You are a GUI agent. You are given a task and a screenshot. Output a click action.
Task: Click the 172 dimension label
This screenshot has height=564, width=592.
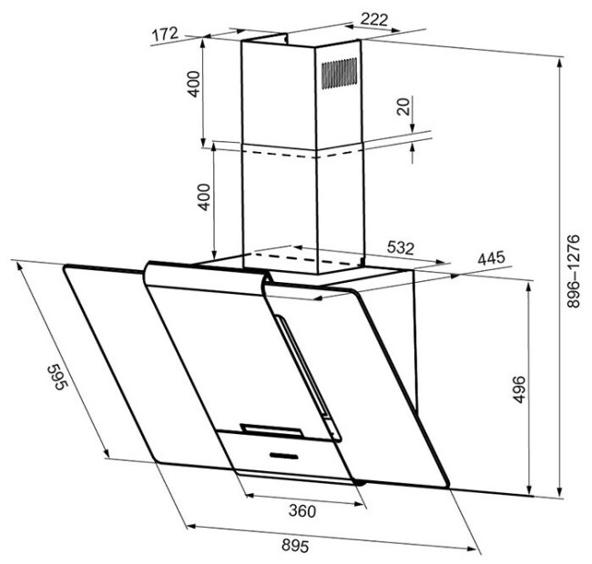(x=164, y=35)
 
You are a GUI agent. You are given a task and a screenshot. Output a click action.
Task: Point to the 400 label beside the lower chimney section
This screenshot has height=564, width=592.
(x=205, y=196)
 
